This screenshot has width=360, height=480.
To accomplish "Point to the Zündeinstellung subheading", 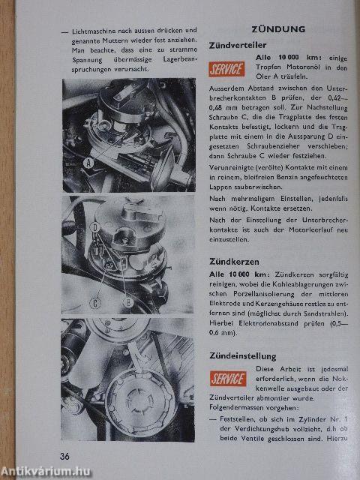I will [x=247, y=355].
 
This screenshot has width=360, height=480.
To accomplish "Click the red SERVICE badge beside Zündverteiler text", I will [x=227, y=70].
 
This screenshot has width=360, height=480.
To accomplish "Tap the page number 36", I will [x=65, y=456].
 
